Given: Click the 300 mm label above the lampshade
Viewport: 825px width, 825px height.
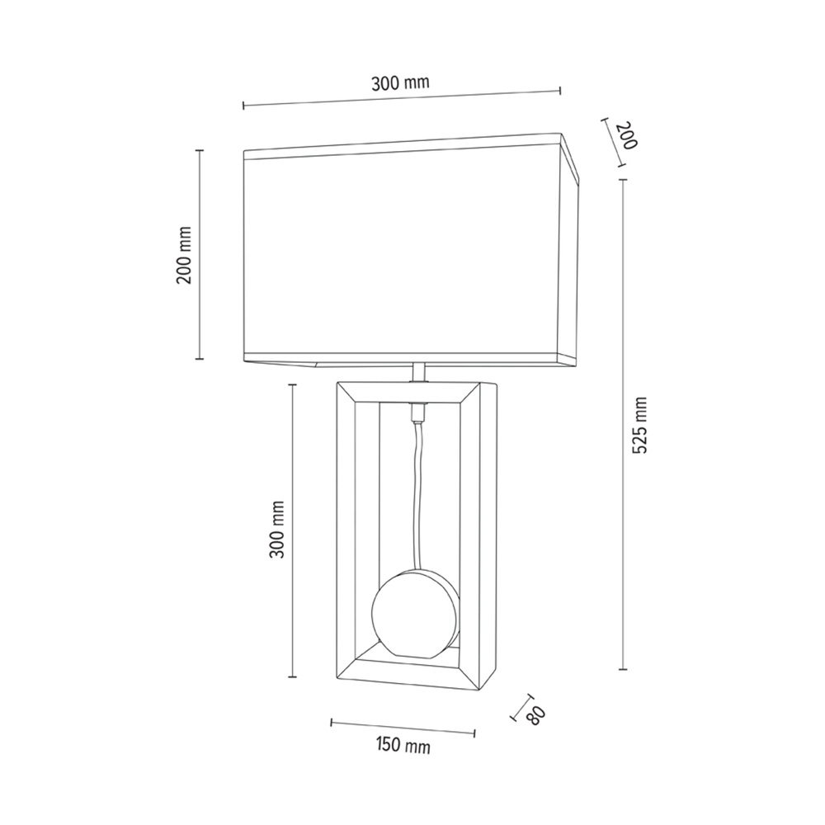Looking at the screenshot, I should [x=400, y=82].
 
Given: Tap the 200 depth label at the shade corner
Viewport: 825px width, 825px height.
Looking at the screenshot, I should [x=627, y=135].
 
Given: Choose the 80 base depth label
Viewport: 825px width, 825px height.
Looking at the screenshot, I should [x=535, y=715].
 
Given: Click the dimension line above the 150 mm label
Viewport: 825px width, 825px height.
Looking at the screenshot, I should [x=403, y=727].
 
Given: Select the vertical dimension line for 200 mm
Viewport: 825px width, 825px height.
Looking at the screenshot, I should [x=199, y=254].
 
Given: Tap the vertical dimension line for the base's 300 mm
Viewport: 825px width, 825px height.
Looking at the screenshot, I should [x=292, y=530].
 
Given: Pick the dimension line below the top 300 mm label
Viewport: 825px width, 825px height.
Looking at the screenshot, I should [x=402, y=98].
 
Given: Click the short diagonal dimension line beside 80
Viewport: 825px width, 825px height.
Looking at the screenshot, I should [x=520, y=706].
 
